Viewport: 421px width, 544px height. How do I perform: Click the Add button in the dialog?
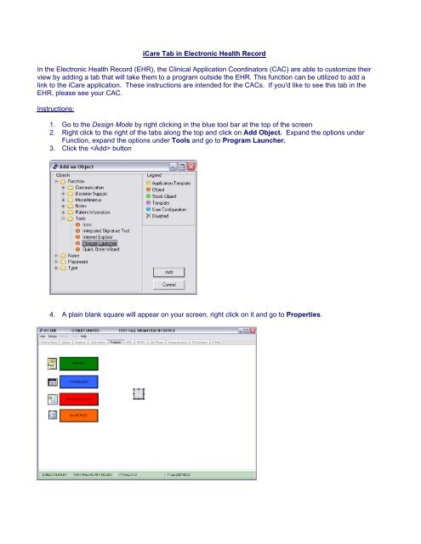click(169, 273)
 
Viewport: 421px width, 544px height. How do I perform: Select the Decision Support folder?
click(92, 194)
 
